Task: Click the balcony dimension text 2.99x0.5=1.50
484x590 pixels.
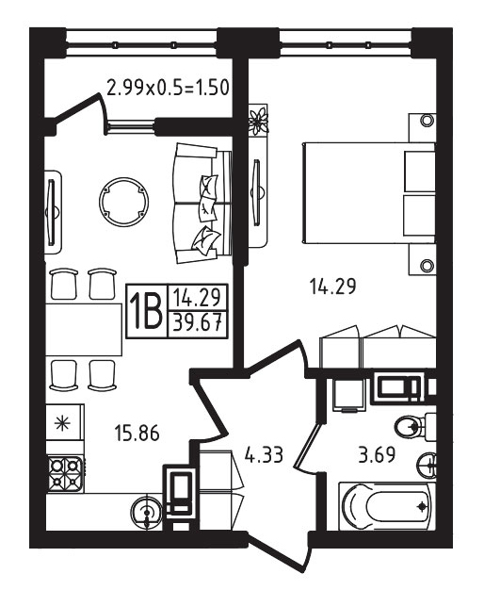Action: pos(169,89)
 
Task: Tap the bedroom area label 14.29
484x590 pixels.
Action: pos(333,287)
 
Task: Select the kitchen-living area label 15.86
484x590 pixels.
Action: pos(137,433)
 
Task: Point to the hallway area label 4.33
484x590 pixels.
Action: pos(264,454)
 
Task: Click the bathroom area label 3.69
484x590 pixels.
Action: pos(377,454)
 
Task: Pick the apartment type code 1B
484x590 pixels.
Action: pos(146,311)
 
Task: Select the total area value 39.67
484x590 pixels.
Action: pos(197,323)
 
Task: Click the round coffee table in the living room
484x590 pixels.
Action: pos(123,202)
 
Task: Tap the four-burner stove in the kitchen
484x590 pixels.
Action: pos(65,475)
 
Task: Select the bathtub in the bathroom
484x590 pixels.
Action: pos(387,506)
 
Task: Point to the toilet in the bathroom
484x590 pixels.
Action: pos(415,428)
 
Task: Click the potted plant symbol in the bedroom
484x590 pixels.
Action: pos(259,121)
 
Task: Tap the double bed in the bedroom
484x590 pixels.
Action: pos(369,192)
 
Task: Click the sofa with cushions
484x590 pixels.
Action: pos(202,204)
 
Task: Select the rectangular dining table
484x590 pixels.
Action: pos(84,330)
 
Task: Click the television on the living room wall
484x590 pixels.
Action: pos(52,212)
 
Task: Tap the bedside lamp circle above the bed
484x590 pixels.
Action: pos(427,121)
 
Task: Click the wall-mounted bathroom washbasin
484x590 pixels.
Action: pos(428,465)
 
